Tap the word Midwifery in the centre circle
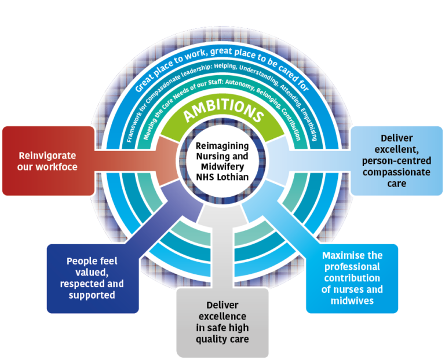coord(222,166)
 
